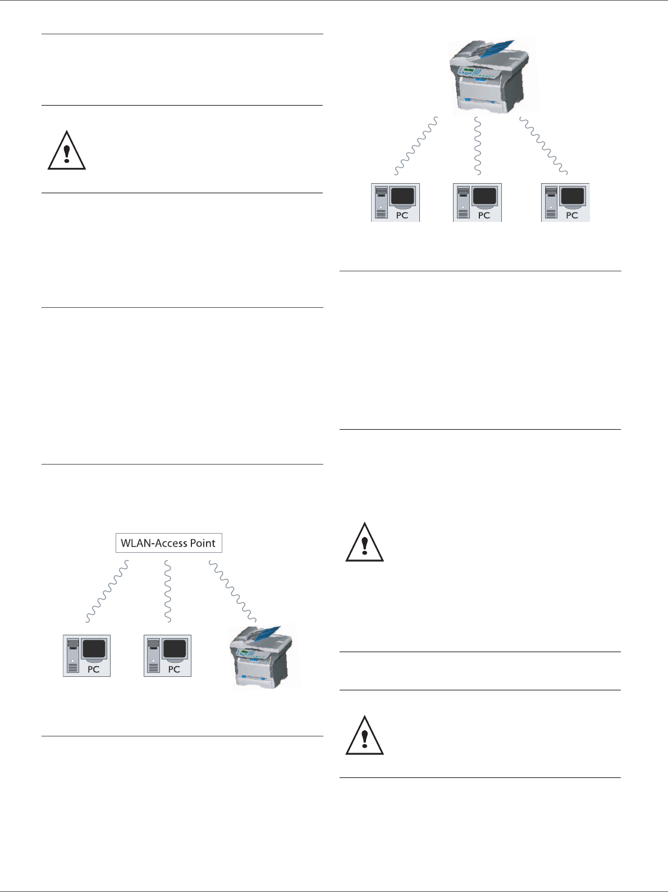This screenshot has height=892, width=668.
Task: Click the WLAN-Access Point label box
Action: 168,543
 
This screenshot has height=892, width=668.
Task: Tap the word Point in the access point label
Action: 202,543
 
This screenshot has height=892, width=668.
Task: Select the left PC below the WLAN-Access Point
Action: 86,656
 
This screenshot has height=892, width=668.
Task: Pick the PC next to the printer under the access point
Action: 167,656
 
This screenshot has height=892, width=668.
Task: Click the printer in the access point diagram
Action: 263,656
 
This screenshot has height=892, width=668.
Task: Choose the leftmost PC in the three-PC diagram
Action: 395,202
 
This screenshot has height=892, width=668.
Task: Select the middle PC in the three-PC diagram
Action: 477,202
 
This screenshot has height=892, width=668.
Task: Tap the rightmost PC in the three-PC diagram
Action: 565,202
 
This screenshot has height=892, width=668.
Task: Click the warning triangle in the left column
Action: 67,151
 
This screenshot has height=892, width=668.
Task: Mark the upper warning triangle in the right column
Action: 365,542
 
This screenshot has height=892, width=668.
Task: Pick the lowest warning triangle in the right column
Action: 365,735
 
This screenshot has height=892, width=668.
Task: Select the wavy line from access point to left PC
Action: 107,591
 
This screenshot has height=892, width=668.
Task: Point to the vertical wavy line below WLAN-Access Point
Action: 167,591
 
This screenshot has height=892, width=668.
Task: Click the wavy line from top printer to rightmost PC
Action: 543,145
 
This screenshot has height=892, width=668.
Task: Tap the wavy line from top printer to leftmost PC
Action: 416,145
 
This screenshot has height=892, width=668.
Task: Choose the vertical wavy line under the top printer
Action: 478,145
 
